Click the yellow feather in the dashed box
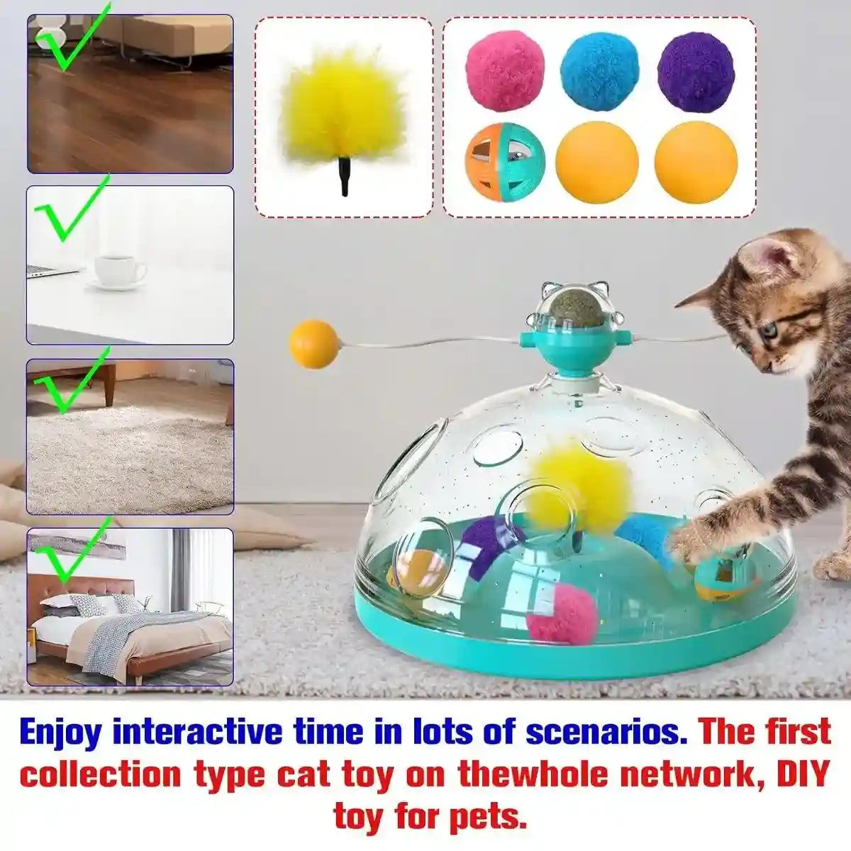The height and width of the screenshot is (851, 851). [x=343, y=106]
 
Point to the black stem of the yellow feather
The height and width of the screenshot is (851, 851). [x=345, y=181]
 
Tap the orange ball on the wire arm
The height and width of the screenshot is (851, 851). [x=314, y=344]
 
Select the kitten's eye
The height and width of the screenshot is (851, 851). [x=768, y=331]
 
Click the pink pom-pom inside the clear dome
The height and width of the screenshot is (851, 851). [x=562, y=613]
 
